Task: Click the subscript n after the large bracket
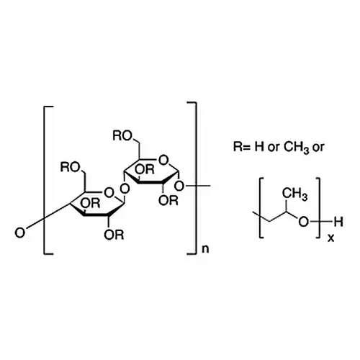pyautogui.click(x=205, y=249)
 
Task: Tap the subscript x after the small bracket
pyautogui.click(x=330, y=238)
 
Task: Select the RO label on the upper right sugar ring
pyautogui.click(x=122, y=136)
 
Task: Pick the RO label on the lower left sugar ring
pyautogui.click(x=70, y=167)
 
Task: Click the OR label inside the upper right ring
pyautogui.click(x=145, y=169)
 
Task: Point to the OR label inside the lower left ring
pyautogui.click(x=90, y=203)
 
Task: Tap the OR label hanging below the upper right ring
pyautogui.click(x=168, y=200)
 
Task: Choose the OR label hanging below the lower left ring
pyautogui.click(x=114, y=235)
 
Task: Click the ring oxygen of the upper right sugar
pyautogui.click(x=163, y=160)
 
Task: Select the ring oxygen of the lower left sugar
pyautogui.click(x=109, y=192)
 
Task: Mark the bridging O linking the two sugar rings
pyautogui.click(x=125, y=189)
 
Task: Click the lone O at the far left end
pyautogui.click(x=20, y=233)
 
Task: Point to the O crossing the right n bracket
pyautogui.click(x=179, y=186)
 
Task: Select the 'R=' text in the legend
pyautogui.click(x=242, y=146)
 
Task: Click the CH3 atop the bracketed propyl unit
pyautogui.click(x=294, y=194)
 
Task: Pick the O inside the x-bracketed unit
pyautogui.click(x=304, y=222)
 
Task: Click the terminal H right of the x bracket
pyautogui.click(x=338, y=222)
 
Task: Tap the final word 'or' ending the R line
pyautogui.click(x=318, y=148)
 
